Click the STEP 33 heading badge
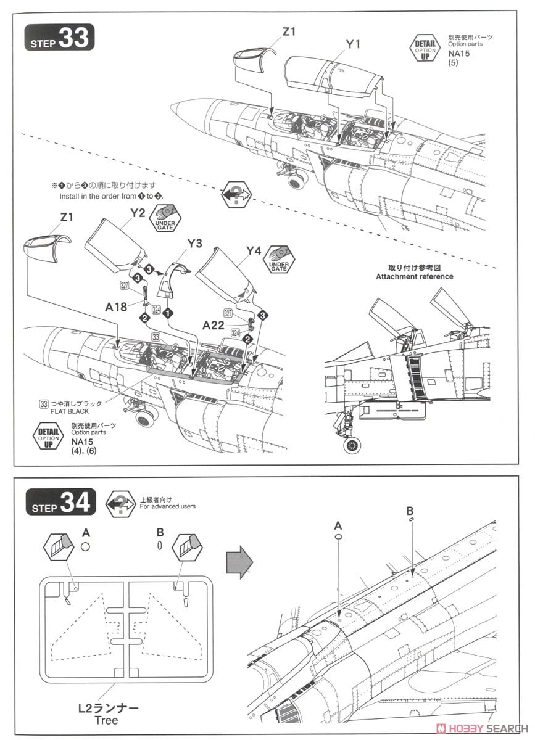coord(60,38)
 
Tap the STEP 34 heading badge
coord(60,502)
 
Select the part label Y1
coord(353,44)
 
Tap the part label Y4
coord(254,250)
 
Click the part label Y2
coord(138,213)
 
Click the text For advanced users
coord(167,506)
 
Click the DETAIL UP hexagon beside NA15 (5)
coord(425,47)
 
